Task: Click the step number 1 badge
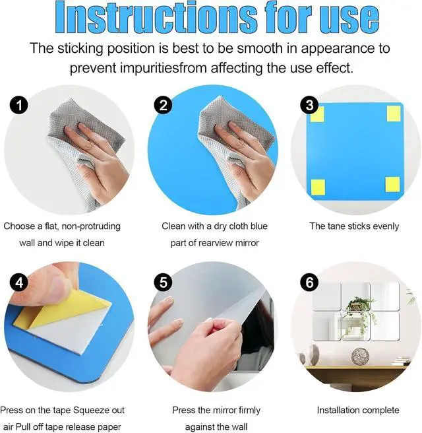coord(19,105)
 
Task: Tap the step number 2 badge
coord(164,105)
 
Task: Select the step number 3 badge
coord(309,105)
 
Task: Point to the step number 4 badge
coord(19,283)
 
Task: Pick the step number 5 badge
coord(164,283)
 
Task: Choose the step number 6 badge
coord(309,283)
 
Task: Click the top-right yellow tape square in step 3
coord(394,114)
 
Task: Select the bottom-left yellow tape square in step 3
coord(318,187)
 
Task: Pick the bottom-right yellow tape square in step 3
coord(392,184)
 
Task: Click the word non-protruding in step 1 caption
coord(91,226)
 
